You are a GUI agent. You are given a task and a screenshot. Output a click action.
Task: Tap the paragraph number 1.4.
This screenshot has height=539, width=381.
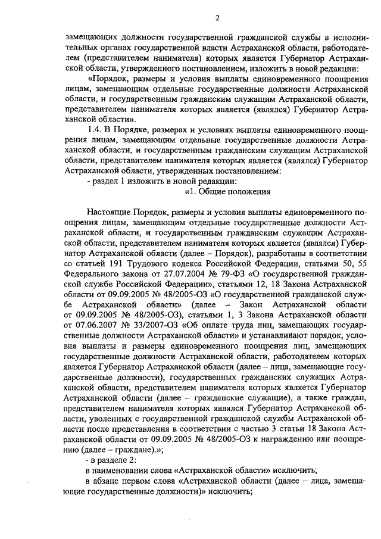[x=96, y=130]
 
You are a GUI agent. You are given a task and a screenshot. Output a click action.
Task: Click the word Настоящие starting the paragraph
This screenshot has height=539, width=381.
[x=109, y=212]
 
